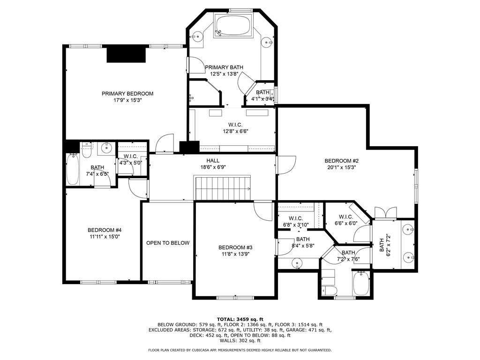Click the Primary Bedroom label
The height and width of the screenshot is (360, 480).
127,94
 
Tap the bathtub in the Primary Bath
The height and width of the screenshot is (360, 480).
233,24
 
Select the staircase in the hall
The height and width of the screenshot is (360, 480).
223,188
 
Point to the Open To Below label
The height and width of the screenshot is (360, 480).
168,243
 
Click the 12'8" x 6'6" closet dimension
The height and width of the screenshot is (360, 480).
235,131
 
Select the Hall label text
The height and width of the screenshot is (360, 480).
213,161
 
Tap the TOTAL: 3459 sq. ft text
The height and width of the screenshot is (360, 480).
240,319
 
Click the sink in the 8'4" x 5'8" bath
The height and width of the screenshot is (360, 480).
298,263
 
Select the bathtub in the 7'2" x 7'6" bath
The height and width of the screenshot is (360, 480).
361,283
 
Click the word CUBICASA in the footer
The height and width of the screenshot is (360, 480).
204,350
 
